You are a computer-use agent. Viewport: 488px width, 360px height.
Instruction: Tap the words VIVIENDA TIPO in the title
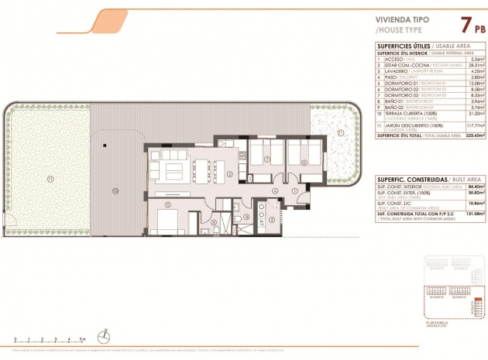[397, 21]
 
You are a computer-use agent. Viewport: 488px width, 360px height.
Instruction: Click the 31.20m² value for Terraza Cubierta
[463, 114]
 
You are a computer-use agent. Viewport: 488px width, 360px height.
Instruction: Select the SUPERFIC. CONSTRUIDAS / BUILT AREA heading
[421, 178]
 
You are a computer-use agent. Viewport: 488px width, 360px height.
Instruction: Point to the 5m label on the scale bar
[84, 339]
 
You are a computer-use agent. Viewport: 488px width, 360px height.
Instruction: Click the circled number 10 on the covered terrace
[115, 190]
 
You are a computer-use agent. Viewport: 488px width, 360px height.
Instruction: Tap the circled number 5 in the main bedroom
[168, 205]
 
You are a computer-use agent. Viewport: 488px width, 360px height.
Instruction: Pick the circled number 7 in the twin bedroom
[266, 160]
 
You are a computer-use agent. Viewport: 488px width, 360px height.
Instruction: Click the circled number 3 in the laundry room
[246, 218]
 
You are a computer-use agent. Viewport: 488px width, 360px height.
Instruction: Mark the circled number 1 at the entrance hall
[295, 190]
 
